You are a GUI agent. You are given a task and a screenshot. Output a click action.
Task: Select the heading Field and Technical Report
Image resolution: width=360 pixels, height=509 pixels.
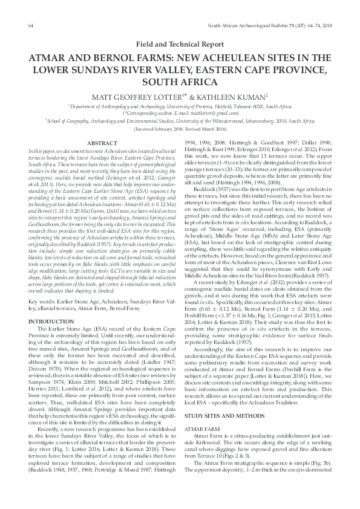tap(180, 45)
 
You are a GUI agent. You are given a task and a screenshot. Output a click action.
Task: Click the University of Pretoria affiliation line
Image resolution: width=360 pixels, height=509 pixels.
tap(180, 106)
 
